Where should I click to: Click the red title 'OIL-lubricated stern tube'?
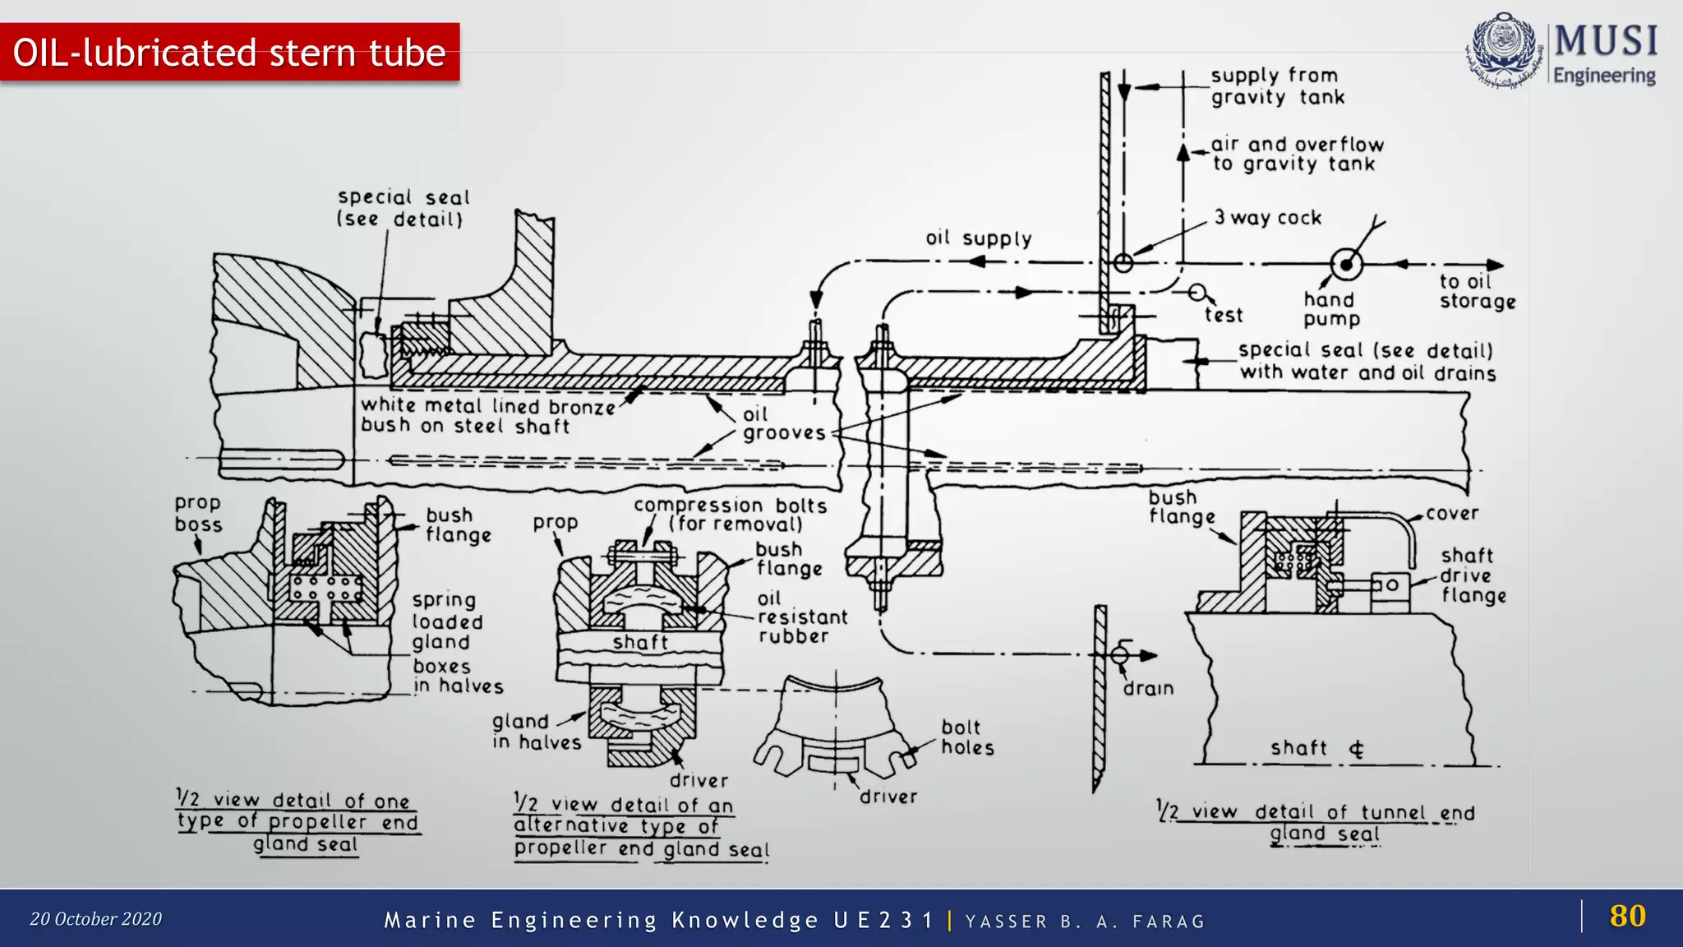tap(229, 53)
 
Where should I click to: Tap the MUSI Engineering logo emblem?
tap(1503, 49)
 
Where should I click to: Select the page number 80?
tap(1627, 916)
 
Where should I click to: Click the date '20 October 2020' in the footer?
tap(96, 919)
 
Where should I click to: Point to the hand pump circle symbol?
tap(1346, 265)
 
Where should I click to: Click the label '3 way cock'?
tap(1268, 218)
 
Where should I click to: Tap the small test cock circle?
tap(1197, 293)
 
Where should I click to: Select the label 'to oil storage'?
tap(1477, 292)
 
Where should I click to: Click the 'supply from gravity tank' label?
tap(1277, 86)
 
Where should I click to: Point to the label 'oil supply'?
tap(978, 238)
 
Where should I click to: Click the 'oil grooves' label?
tap(783, 424)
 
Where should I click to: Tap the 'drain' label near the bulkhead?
tap(1148, 689)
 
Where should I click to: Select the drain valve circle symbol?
tap(1120, 655)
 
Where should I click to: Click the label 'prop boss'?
tap(198, 514)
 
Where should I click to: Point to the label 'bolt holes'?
tap(967, 737)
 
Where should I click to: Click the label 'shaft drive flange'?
tap(1473, 575)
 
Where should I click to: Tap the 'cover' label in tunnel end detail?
tap(1452, 514)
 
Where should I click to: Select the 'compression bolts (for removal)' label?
tap(730, 515)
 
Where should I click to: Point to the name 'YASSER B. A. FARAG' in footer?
tap(1085, 922)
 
